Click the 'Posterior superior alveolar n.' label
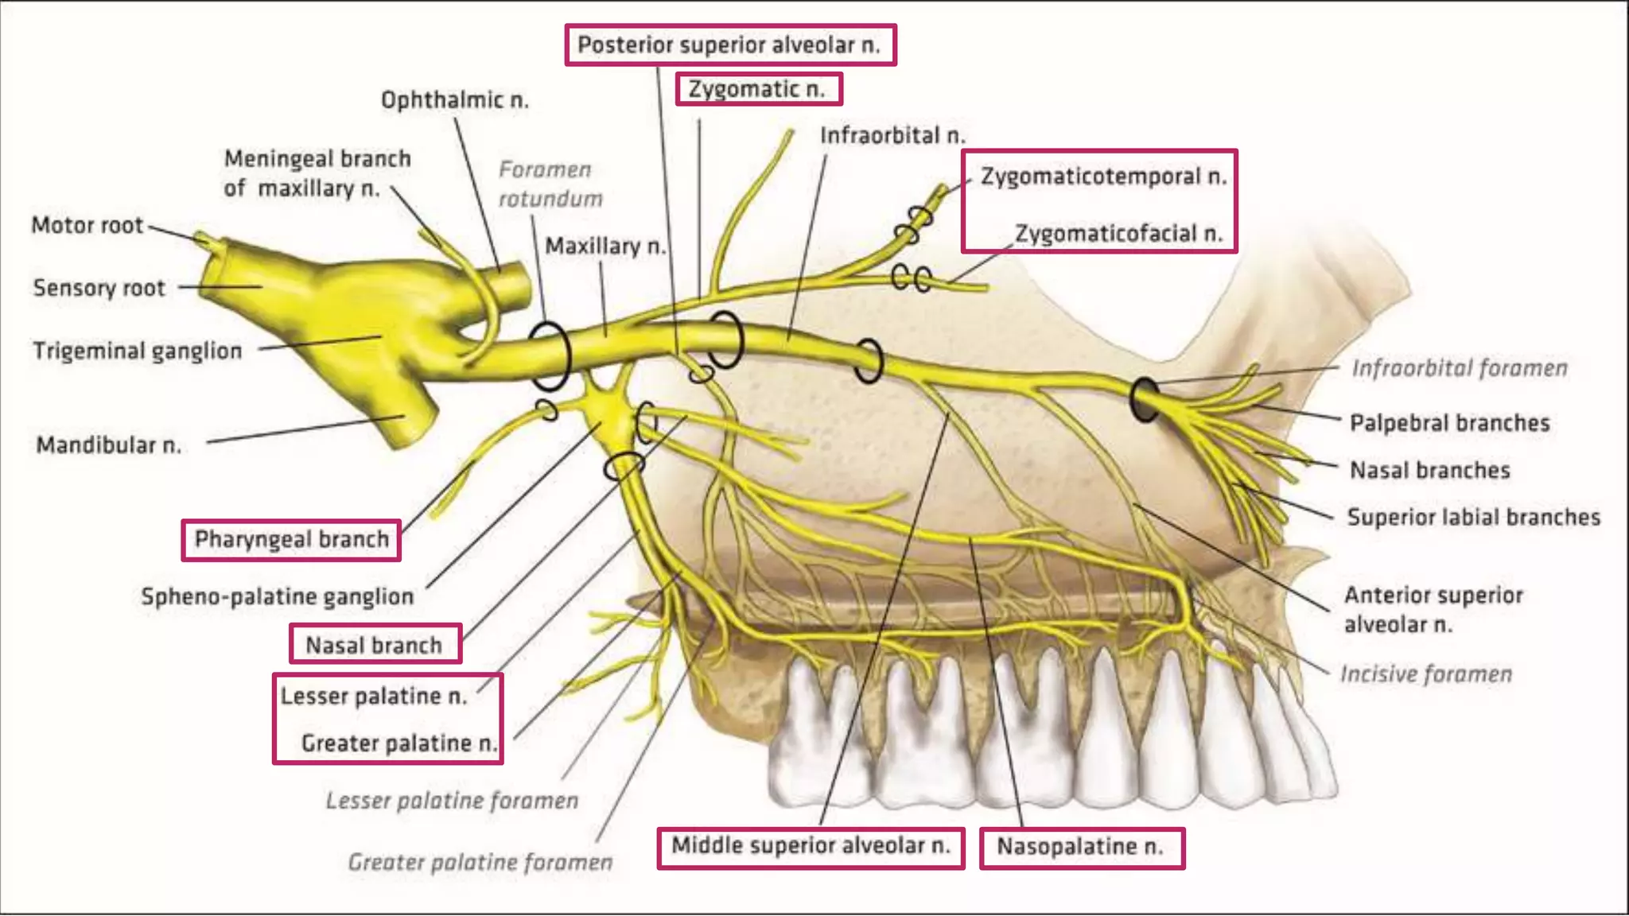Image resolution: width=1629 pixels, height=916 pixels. (729, 45)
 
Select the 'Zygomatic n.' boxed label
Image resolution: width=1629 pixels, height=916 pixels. (757, 89)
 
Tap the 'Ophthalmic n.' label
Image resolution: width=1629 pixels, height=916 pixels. (454, 100)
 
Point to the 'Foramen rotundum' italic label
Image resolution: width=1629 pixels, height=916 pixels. (550, 184)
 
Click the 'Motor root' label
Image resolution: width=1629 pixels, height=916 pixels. (87, 226)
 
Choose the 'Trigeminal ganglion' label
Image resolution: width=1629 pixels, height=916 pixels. (138, 351)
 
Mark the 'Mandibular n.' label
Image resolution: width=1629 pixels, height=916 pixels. (109, 445)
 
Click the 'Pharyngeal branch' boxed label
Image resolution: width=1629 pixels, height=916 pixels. (291, 540)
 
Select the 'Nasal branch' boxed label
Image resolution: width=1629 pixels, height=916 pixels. (374, 645)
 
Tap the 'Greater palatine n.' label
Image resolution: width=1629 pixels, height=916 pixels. (399, 743)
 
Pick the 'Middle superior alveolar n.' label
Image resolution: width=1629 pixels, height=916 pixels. (811, 846)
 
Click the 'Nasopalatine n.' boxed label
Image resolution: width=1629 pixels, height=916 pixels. (1080, 847)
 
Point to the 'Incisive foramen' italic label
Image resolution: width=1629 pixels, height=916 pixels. (1426, 674)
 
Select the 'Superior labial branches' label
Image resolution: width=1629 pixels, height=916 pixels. (1473, 518)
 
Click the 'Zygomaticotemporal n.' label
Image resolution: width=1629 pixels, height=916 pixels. (1103, 177)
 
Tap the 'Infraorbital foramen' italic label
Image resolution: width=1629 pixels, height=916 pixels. (1460, 368)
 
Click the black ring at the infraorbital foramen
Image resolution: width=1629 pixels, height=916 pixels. (1145, 400)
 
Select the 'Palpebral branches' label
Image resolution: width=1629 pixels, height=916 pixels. (1449, 423)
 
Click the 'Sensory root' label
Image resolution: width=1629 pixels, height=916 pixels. (99, 288)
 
